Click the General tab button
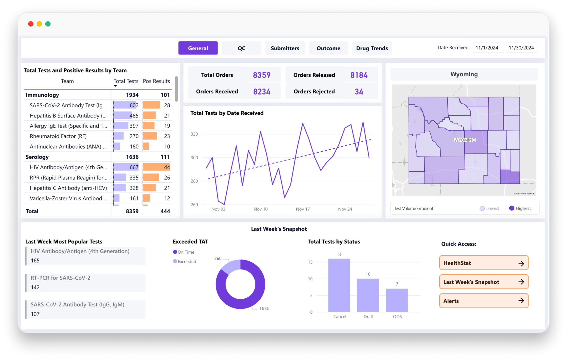(198, 48)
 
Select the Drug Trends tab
(372, 48)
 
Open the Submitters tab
(285, 48)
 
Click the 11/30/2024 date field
(521, 48)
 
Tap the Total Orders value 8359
(262, 75)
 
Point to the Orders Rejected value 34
(359, 92)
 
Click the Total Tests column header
(126, 81)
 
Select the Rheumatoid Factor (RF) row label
(58, 136)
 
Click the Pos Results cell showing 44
(167, 167)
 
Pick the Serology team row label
(37, 157)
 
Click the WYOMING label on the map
(465, 140)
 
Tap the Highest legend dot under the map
(512, 208)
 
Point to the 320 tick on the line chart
(194, 134)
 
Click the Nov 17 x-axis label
(303, 209)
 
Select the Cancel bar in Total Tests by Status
(339, 285)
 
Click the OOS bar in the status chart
(397, 300)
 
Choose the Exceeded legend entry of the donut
(185, 261)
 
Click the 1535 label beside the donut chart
(264, 308)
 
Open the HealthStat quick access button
(484, 263)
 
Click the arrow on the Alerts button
(521, 301)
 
